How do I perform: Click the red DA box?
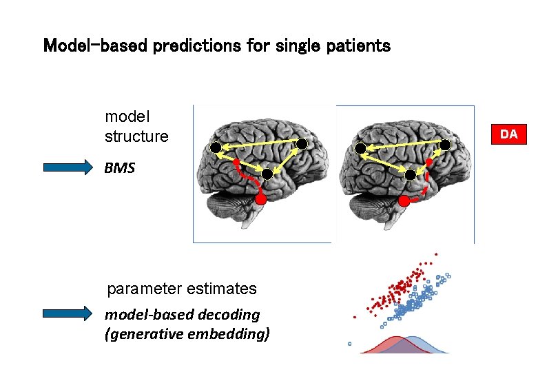tap(508, 134)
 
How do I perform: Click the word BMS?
tap(120, 167)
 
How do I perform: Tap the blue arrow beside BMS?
tap(67, 167)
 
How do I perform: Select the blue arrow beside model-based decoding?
tap(67, 313)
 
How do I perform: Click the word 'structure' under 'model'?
tap(136, 136)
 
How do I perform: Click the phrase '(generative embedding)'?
tap(187, 334)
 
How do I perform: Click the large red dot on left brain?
tap(260, 199)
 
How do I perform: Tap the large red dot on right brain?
tap(404, 201)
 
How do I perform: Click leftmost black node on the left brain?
tap(215, 147)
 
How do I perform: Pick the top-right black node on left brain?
tap(301, 143)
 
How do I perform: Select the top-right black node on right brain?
tap(445, 144)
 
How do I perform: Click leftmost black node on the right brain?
tap(360, 149)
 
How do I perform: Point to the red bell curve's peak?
tap(387, 338)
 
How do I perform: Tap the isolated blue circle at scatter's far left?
tap(349, 343)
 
